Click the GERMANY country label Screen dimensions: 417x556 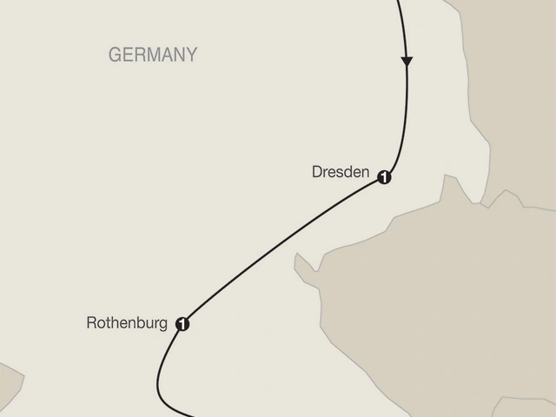pyautogui.click(x=153, y=55)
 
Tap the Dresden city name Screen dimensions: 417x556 pyautogui.click(x=341, y=172)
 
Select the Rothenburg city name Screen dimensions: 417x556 pyautogui.click(x=127, y=323)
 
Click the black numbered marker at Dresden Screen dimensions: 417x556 pyautogui.click(x=384, y=178)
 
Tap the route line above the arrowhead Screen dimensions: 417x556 pyautogui.click(x=401, y=22)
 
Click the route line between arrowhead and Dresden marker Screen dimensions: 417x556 pyautogui.click(x=405, y=122)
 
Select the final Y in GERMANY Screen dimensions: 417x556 pyautogui.click(x=191, y=55)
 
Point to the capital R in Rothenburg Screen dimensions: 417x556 pyautogui.click(x=92, y=323)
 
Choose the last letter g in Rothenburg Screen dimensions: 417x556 pyautogui.click(x=162, y=325)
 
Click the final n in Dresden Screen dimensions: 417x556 pyautogui.click(x=365, y=172)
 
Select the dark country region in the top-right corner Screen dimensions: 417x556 pyautogui.click(x=513, y=87)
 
